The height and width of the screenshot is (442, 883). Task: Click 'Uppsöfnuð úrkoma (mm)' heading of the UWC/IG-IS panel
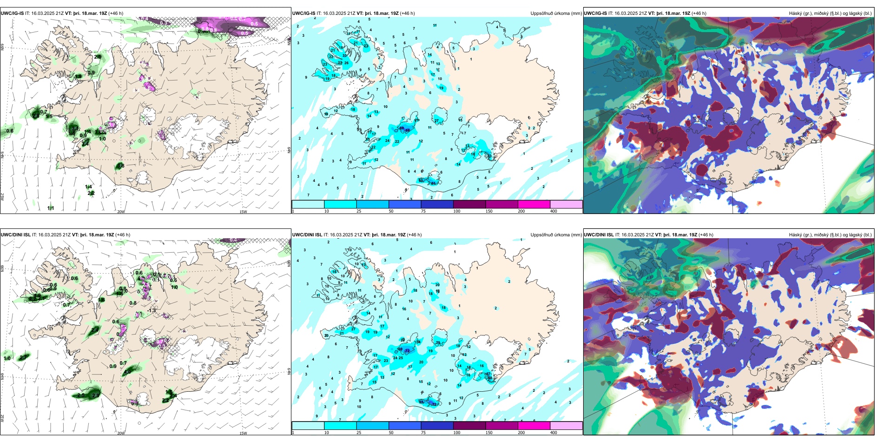[x=556, y=13]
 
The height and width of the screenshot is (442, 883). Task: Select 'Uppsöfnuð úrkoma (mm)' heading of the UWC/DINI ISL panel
[x=556, y=235]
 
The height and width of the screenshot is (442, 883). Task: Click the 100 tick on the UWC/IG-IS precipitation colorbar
[x=457, y=211]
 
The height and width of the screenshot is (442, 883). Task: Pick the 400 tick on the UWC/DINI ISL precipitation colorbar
[x=554, y=433]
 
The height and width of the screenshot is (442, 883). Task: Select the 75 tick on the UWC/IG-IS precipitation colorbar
[x=423, y=211]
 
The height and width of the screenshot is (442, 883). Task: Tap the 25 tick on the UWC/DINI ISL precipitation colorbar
[x=359, y=433]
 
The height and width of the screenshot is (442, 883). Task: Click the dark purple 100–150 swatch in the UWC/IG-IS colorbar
[x=469, y=204]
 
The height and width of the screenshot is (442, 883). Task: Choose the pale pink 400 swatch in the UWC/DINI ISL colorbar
[x=566, y=426]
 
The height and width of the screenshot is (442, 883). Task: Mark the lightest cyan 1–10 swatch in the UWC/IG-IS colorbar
[x=308, y=204]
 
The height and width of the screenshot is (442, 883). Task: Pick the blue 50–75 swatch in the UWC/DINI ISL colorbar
[x=405, y=426]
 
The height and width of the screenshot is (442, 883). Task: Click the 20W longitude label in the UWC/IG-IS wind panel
[x=121, y=212]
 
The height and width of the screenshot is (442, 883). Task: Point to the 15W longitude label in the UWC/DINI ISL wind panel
[x=243, y=433]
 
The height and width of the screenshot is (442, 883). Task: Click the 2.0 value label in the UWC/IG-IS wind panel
[x=98, y=57]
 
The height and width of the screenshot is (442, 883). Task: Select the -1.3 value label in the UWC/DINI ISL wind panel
[x=152, y=310]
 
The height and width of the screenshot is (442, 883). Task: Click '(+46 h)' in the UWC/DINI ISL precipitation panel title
[x=414, y=235]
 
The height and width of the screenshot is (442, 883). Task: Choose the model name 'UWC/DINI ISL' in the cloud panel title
[x=599, y=235]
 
